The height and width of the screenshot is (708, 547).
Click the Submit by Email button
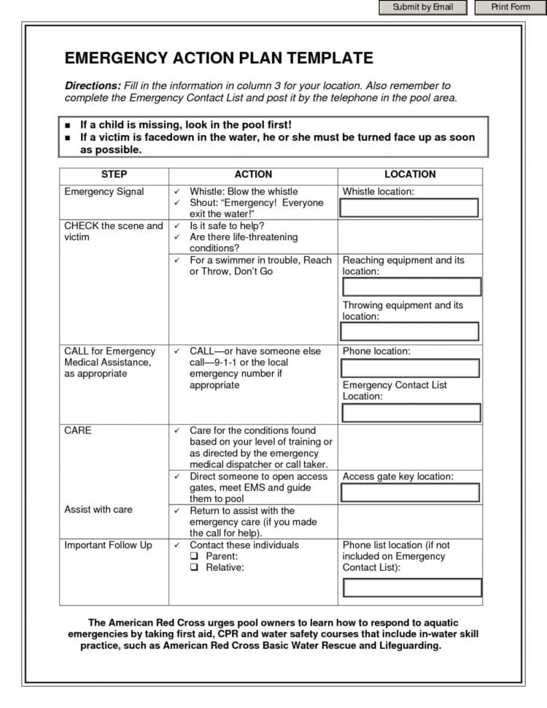point(422,7)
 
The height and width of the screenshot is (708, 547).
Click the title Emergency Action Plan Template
point(219,58)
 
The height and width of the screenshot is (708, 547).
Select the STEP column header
point(113,174)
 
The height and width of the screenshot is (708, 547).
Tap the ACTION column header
point(253,174)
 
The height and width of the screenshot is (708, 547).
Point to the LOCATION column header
point(410,174)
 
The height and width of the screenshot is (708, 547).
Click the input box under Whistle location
point(410,208)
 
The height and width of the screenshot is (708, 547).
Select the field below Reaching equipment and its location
point(411,287)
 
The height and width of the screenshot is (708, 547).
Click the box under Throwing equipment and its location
point(411,332)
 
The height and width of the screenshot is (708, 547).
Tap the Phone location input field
point(411,368)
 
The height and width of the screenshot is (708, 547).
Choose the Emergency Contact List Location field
point(411,412)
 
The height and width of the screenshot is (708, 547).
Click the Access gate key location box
point(410,492)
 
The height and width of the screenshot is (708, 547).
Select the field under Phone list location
point(412,587)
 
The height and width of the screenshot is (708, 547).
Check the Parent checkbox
point(194,556)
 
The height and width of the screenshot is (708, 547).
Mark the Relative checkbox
point(194,567)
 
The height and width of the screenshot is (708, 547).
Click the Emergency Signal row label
point(104,192)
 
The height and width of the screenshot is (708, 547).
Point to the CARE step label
point(78,431)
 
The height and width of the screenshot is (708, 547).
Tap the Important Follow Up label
point(109,545)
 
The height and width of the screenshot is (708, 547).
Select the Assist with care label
point(98,509)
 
